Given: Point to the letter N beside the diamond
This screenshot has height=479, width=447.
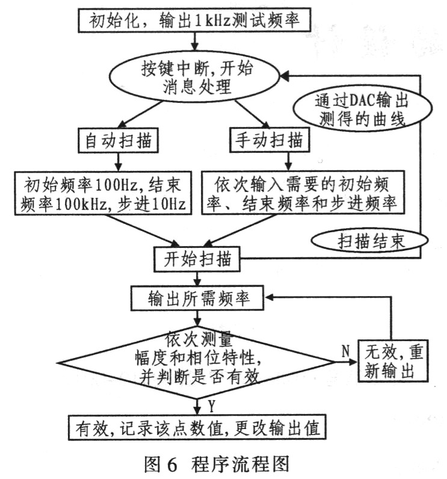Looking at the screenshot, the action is (x=345, y=351).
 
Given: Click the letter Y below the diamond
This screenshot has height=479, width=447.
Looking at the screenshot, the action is (x=212, y=407).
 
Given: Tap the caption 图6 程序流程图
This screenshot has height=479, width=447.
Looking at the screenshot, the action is (x=217, y=464).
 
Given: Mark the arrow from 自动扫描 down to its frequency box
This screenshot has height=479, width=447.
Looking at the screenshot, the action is (x=118, y=162).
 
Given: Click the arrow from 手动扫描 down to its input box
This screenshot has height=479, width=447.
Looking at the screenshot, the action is (x=288, y=161).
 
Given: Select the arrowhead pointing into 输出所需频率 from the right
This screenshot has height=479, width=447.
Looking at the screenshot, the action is (x=268, y=297).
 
